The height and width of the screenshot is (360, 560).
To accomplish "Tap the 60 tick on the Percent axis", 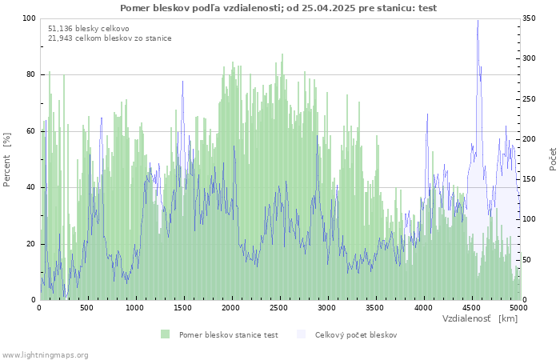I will click(31, 131).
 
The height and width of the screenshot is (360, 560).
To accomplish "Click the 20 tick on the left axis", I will click(31, 244).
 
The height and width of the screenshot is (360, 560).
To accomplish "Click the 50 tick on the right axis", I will click(529, 260).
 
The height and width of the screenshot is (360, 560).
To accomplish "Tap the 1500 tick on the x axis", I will click(183, 307).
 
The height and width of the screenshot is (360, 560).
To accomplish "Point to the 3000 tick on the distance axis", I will click(326, 307).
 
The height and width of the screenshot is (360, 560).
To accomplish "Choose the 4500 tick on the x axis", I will click(470, 307).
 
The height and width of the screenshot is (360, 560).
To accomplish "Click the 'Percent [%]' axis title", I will click(7, 159).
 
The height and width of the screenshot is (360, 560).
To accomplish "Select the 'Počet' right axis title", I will click(553, 159).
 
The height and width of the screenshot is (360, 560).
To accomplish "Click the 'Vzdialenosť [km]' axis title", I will click(480, 318).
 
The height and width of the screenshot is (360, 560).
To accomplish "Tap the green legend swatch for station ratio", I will click(166, 334).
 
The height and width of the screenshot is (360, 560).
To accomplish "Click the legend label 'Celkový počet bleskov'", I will click(355, 334).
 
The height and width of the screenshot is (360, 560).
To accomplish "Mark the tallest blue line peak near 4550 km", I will click(478, 21).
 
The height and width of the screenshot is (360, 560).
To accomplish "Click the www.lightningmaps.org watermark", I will click(45, 354).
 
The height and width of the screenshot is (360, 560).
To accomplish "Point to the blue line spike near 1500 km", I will click(182, 81).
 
